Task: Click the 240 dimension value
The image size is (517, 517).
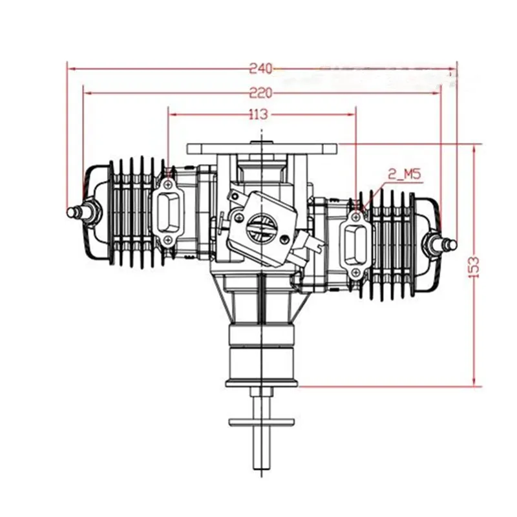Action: click(x=262, y=67)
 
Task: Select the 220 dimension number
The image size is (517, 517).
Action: click(x=262, y=92)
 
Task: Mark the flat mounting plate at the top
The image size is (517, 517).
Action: click(x=262, y=148)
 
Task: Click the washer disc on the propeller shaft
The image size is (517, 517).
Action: click(x=262, y=422)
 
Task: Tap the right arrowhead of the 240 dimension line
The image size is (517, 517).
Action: click(x=455, y=67)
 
